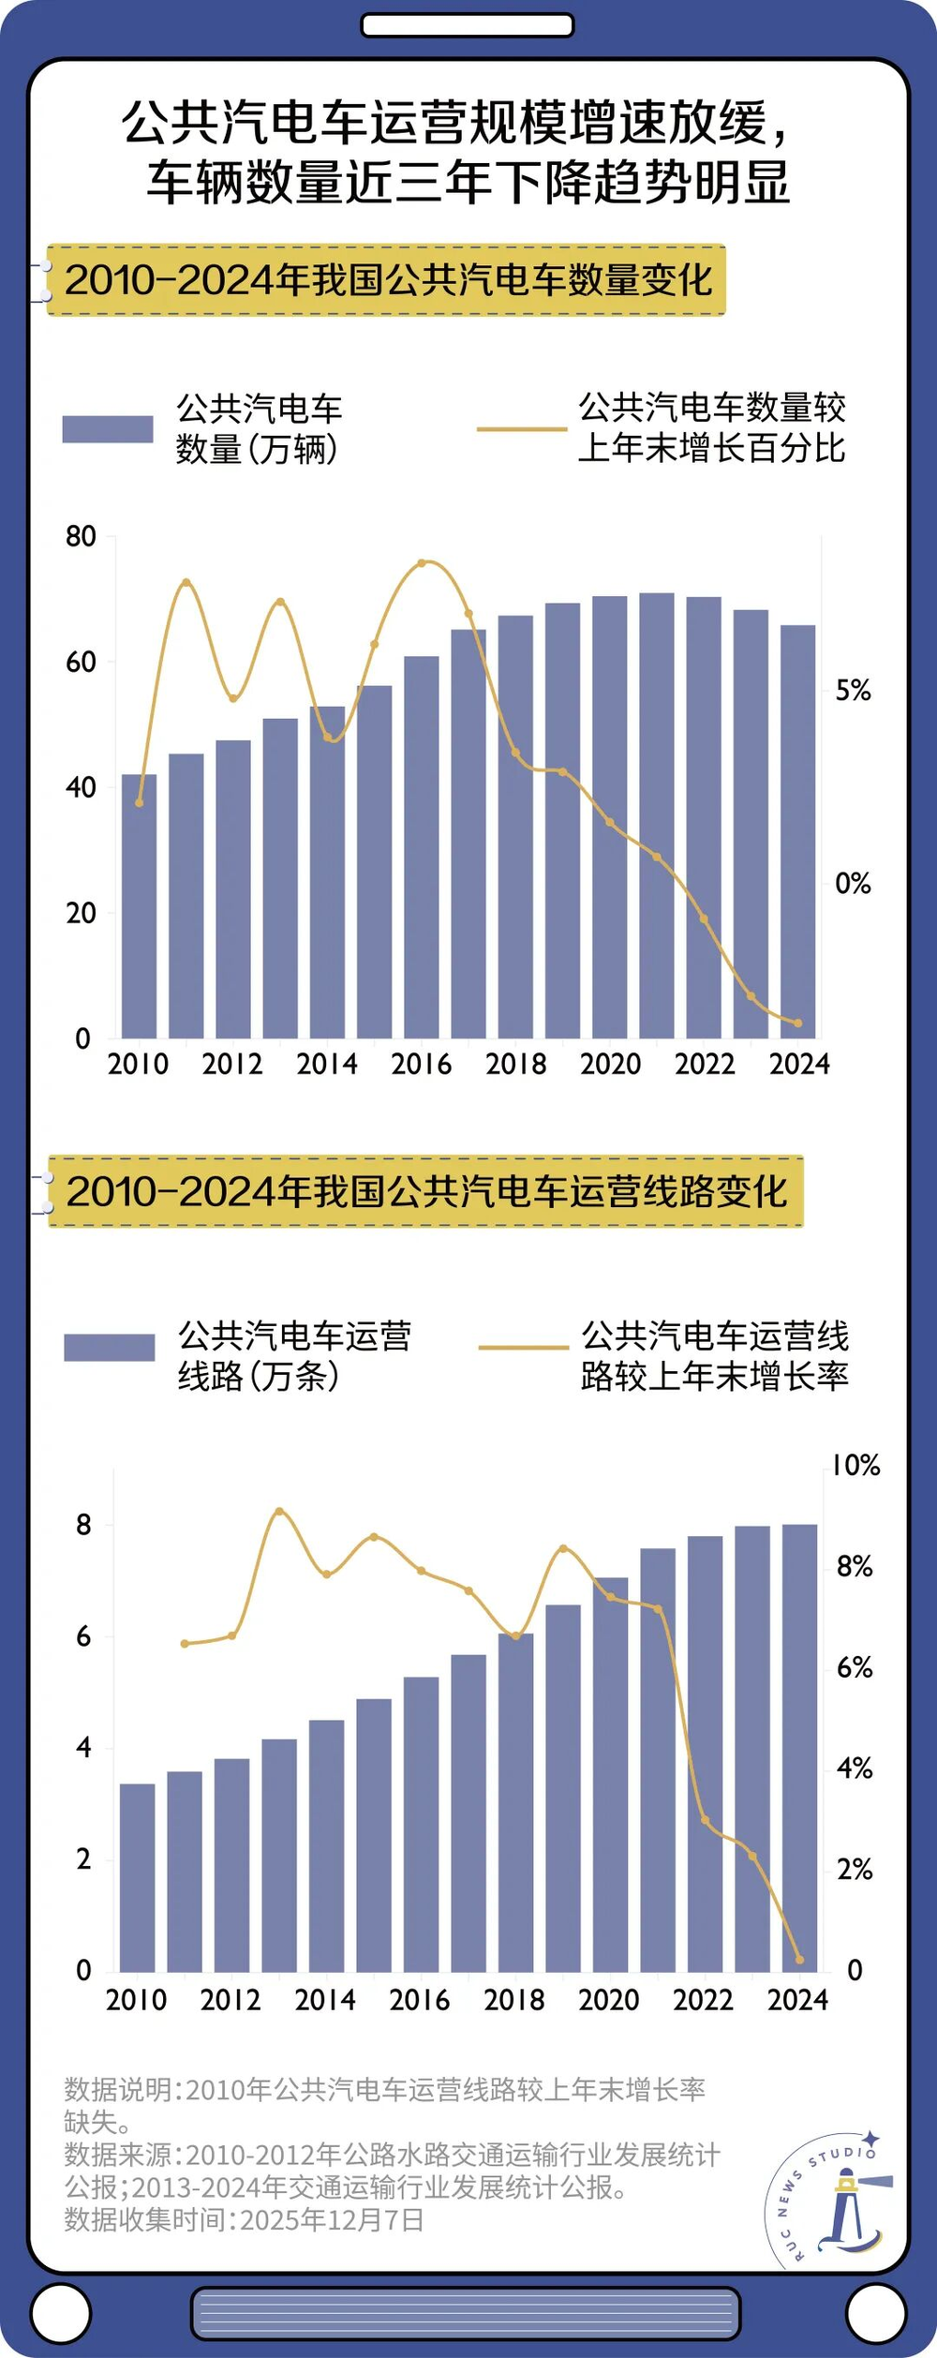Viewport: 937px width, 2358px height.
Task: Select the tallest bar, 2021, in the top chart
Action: click(657, 815)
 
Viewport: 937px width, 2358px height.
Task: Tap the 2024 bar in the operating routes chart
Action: click(799, 1748)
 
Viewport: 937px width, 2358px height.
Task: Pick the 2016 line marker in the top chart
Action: click(422, 563)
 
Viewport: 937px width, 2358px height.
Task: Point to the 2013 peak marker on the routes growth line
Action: click(278, 1511)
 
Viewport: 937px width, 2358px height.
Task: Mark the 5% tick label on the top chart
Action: click(853, 692)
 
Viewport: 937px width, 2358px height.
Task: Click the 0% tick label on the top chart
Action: click(853, 884)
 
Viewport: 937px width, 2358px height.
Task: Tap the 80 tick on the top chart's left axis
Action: click(82, 537)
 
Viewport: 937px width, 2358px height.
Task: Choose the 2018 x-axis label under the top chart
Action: click(515, 1065)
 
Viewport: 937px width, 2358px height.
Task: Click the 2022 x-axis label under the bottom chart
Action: click(703, 2001)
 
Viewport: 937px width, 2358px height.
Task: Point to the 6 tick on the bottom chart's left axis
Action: click(83, 1637)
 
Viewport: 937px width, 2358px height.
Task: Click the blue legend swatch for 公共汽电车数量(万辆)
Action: click(108, 429)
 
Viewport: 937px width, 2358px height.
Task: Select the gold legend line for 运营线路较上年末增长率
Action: click(523, 1348)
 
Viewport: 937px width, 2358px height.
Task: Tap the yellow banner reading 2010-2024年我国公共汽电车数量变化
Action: click(386, 280)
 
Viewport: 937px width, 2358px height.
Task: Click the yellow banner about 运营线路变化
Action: click(425, 1191)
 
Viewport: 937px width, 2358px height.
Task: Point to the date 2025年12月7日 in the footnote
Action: click(332, 2220)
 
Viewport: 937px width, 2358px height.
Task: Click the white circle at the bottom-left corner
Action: click(61, 2313)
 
